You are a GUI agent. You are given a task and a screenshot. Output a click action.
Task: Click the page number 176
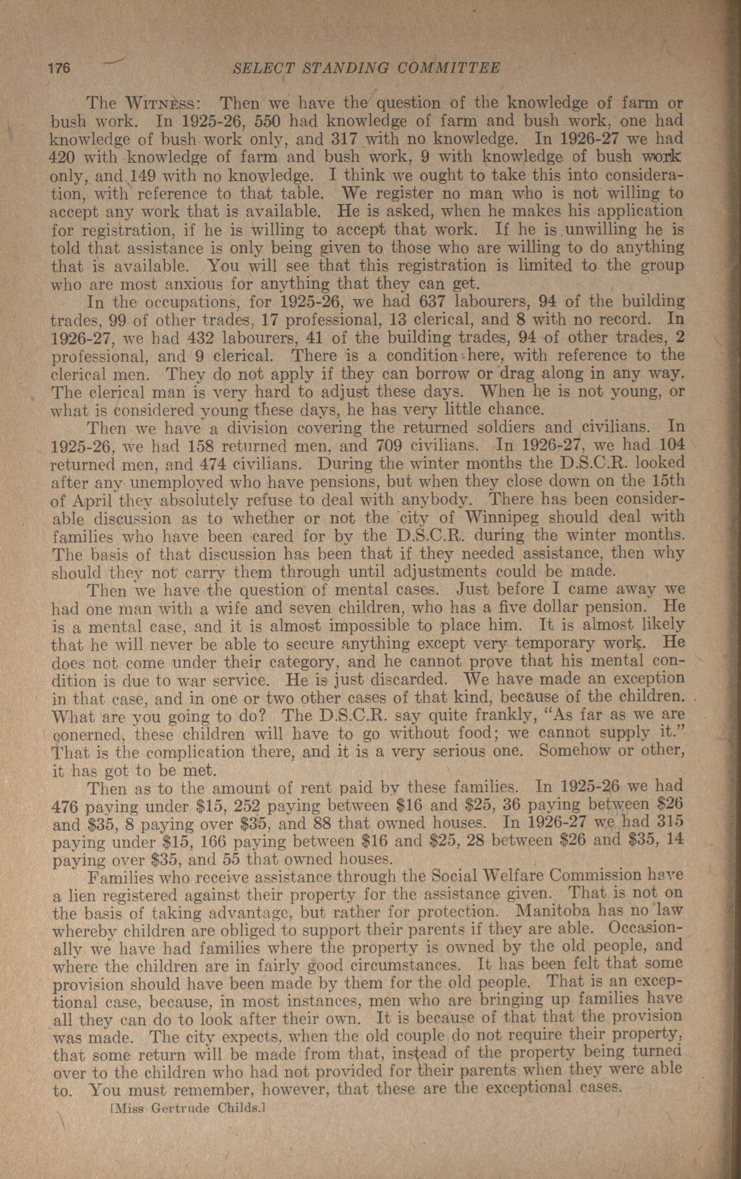point(59,68)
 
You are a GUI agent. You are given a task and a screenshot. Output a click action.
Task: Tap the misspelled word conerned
point(90,734)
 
